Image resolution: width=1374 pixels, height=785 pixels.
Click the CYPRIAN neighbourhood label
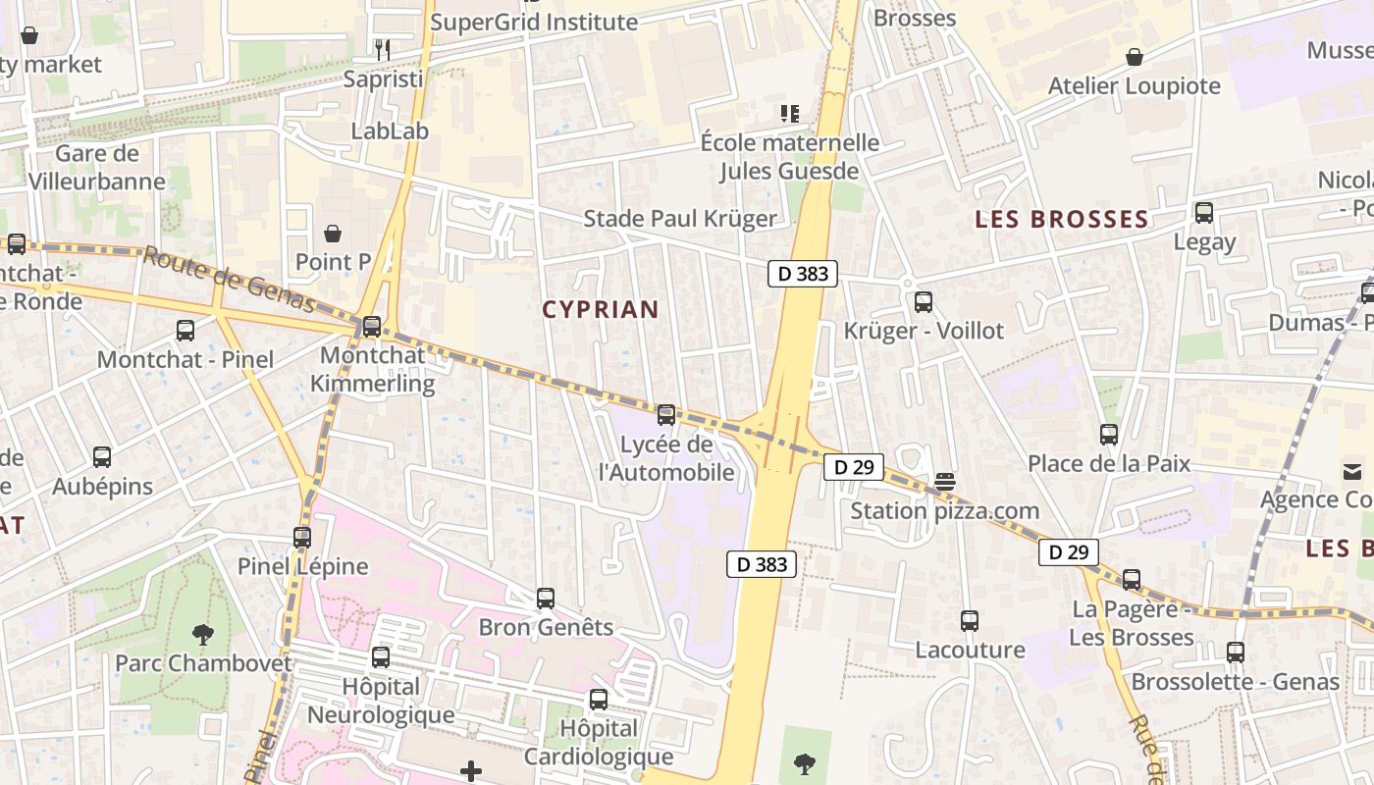click(x=601, y=310)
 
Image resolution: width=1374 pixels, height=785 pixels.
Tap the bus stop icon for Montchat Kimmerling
click(x=372, y=327)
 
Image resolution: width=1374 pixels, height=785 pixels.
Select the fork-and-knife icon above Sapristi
click(x=383, y=49)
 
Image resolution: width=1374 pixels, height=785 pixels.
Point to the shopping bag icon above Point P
click(x=333, y=234)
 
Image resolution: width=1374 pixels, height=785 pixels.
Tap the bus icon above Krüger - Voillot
click(x=924, y=302)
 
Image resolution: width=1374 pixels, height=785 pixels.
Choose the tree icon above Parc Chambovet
click(x=203, y=634)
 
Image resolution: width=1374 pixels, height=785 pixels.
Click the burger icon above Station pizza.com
click(x=945, y=482)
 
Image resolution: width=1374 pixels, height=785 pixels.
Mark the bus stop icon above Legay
click(x=1204, y=212)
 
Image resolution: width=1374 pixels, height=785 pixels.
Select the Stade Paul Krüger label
click(x=680, y=219)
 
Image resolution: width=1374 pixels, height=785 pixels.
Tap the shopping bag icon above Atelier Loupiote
click(x=1135, y=57)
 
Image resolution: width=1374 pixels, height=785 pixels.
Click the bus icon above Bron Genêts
click(x=546, y=598)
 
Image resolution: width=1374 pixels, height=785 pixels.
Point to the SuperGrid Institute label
click(x=534, y=22)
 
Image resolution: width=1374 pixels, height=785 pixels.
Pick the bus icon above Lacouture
click(x=970, y=620)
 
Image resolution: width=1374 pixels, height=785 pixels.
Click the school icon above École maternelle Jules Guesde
click(x=790, y=114)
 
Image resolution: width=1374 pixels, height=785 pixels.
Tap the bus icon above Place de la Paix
click(x=1109, y=434)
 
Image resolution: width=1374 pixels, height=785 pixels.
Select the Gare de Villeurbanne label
click(x=97, y=167)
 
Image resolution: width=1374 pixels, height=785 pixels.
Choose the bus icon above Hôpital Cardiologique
click(x=599, y=700)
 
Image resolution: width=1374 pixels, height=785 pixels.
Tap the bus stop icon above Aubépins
click(x=102, y=456)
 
